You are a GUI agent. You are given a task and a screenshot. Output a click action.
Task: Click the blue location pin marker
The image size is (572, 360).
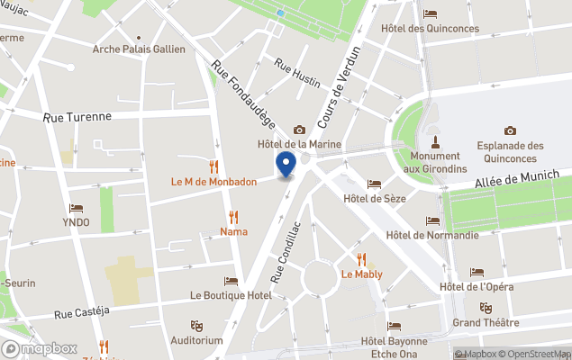286,164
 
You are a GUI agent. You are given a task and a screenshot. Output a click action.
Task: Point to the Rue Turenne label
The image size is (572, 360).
77,117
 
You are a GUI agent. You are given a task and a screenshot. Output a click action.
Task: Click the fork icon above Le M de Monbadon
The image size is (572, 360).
214,166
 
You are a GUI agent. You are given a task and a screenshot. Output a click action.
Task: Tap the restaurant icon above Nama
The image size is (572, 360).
233,216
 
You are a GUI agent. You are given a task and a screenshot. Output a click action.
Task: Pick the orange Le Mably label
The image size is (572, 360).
361,274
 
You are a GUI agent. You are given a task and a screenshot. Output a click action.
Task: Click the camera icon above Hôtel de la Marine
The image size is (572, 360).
299,130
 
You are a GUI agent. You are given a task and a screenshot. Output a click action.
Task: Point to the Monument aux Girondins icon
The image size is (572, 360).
435,140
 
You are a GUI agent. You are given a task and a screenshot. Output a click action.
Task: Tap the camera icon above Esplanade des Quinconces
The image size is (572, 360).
510,130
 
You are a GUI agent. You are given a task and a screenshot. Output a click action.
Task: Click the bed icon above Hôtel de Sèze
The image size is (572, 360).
375,184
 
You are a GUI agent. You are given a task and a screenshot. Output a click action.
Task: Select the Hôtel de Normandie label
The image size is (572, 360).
431,236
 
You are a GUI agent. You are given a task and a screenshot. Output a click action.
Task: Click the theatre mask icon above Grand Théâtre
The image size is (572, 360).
486,308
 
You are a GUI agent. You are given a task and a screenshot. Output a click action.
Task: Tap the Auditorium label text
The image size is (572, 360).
195,340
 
